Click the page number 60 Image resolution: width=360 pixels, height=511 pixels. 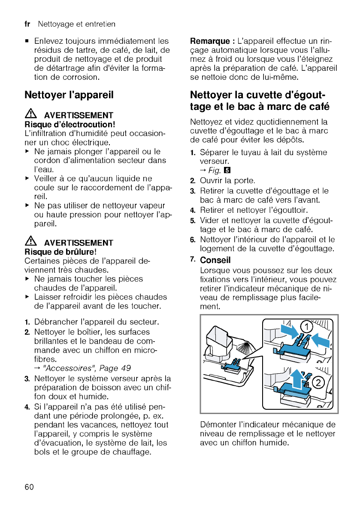29,487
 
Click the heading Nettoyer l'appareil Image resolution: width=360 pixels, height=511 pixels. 69,95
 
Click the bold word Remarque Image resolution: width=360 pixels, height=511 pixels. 210,42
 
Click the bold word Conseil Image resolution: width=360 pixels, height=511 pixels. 215,260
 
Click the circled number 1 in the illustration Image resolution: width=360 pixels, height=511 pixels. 306,327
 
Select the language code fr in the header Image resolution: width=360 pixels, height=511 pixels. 28,24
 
